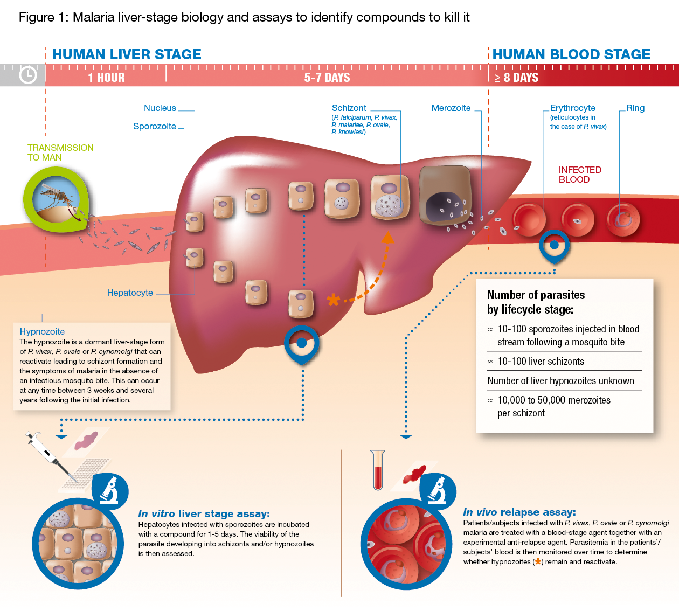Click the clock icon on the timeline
point(28,75)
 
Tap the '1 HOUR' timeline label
point(106,78)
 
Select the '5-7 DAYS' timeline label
point(327,78)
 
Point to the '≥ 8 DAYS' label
point(516,78)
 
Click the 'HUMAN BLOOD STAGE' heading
point(571,54)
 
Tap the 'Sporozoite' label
point(155,126)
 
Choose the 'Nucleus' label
point(160,108)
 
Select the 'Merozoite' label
point(451,108)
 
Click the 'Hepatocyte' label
point(130,293)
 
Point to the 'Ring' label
point(635,108)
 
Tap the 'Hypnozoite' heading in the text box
point(42,331)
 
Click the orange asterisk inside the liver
point(334,300)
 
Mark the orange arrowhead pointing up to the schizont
point(387,238)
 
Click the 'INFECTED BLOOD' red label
point(580,175)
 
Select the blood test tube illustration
point(378,470)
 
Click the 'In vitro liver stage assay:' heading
point(204,513)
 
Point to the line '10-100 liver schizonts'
point(541,361)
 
